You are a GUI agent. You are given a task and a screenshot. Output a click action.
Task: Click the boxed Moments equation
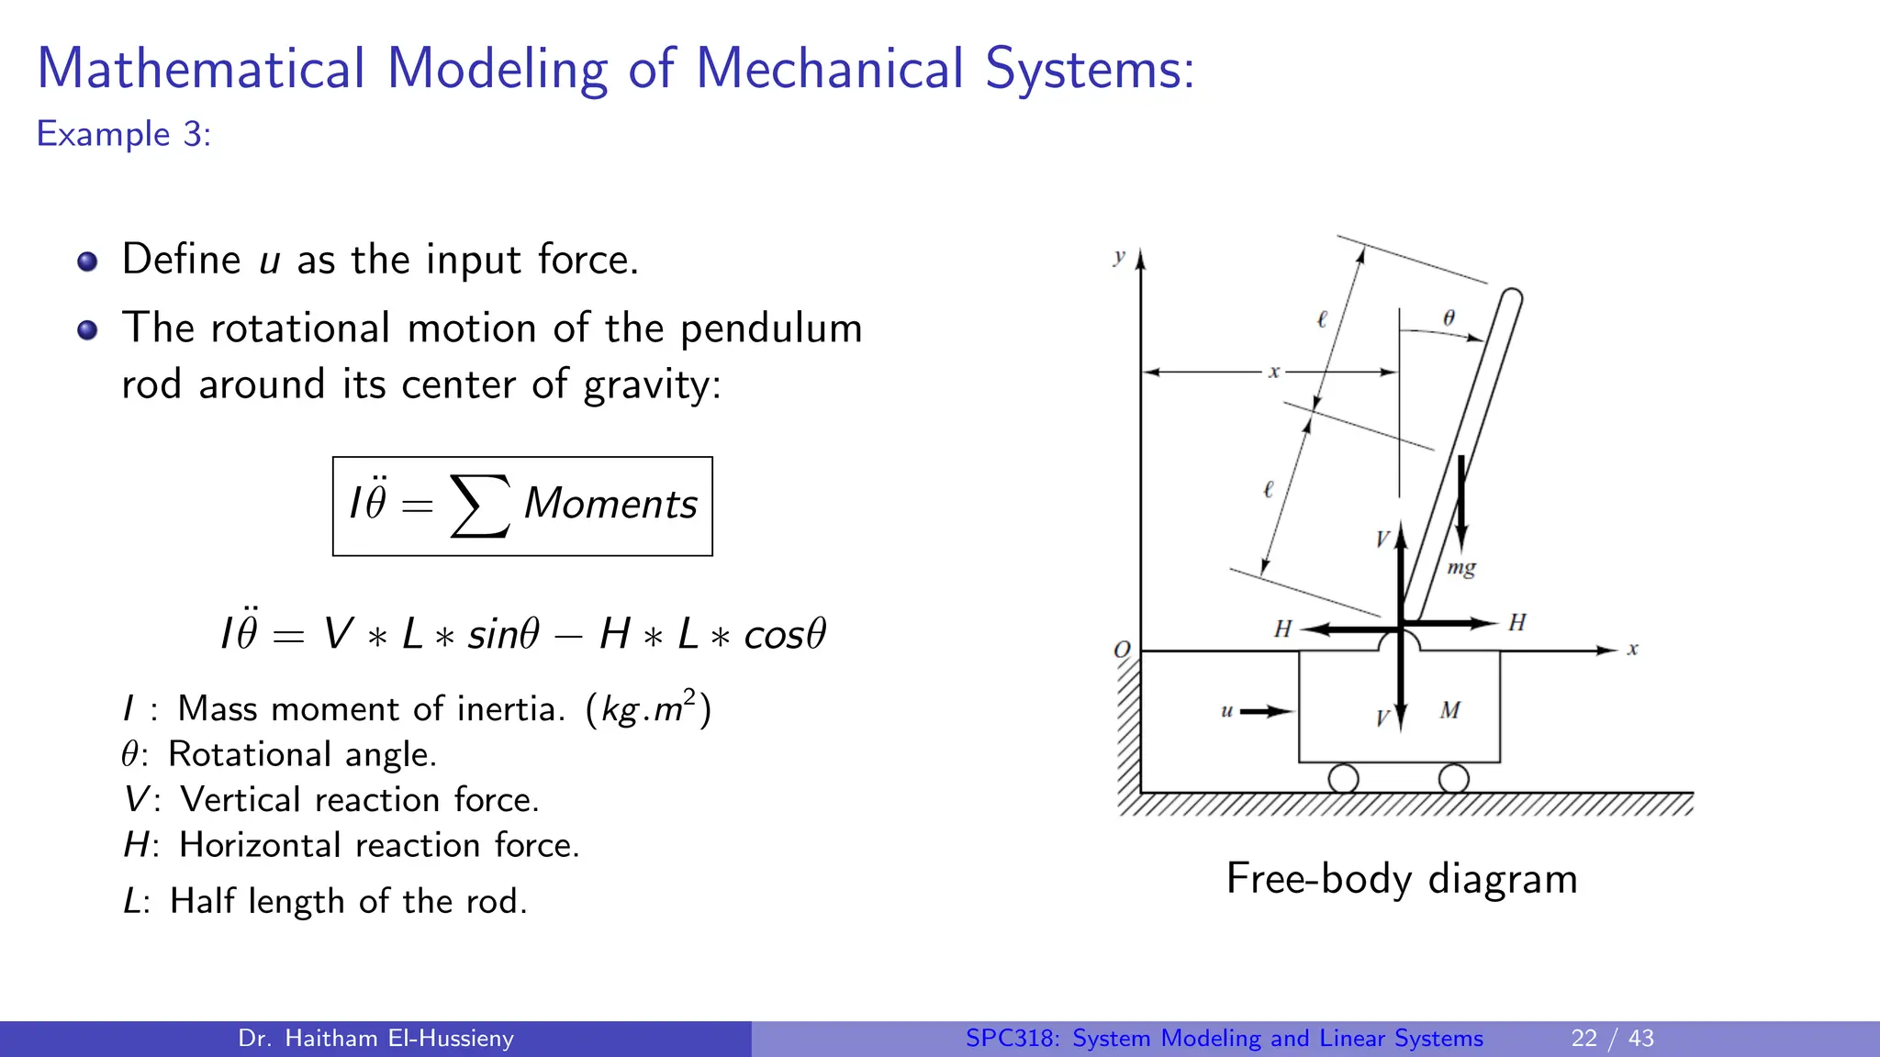(522, 506)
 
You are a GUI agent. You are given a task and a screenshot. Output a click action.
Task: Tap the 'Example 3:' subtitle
(124, 135)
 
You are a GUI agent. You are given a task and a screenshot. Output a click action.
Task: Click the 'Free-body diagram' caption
(1402, 879)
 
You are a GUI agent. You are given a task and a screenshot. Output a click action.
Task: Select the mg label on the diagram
(1461, 568)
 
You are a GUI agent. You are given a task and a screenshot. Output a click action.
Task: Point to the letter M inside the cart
(1450, 710)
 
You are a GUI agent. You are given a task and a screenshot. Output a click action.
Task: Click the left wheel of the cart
(1343, 779)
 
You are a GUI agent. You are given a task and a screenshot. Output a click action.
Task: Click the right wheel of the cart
(1453, 779)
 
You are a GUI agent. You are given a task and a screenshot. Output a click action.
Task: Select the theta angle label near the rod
(1449, 317)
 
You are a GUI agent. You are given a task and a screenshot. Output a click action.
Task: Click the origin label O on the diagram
(1122, 650)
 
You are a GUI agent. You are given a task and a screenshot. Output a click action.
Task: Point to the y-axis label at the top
(1119, 257)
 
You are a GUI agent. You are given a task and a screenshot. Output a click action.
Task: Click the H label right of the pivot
(1517, 623)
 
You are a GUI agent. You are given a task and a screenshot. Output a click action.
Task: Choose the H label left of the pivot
(1282, 629)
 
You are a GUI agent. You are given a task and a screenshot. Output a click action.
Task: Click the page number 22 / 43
(1612, 1039)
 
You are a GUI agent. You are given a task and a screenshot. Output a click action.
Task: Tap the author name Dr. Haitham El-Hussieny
(375, 1039)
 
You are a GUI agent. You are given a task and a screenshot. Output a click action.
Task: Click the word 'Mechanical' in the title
(829, 69)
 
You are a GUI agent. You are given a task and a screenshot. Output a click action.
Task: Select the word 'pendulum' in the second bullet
(770, 328)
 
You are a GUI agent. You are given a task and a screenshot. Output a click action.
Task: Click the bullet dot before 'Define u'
(87, 261)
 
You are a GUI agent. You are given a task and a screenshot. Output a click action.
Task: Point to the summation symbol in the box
(479, 506)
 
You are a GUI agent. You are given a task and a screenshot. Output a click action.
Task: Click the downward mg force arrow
(1461, 505)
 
